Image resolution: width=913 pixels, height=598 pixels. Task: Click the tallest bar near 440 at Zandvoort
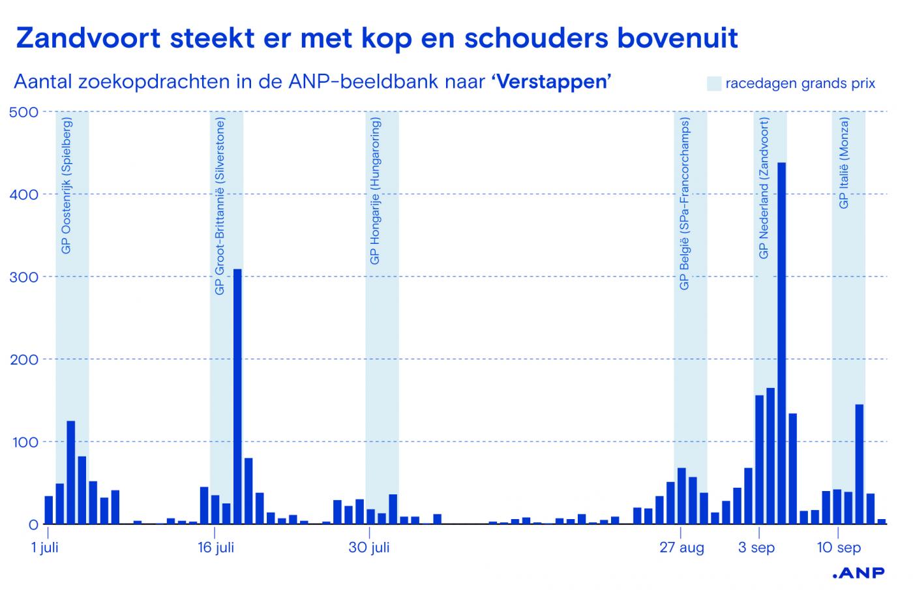781,342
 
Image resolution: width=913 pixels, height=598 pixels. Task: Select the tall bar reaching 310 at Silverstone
237,396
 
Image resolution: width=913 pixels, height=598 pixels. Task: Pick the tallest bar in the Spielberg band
71,472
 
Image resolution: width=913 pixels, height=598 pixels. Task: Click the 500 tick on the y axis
24,112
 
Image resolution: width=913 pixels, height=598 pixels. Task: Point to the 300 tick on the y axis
24,277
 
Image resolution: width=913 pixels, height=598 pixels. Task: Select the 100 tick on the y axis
24,442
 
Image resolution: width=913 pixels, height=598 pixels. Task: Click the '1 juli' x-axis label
45,548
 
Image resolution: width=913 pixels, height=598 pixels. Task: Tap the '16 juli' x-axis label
215,548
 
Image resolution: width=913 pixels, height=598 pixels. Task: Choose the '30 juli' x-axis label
369,548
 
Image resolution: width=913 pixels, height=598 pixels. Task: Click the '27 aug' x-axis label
682,548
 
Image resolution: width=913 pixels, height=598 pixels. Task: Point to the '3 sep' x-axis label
756,548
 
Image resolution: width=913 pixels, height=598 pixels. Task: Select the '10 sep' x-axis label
839,548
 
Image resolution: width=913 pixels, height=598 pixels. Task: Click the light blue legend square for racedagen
714,83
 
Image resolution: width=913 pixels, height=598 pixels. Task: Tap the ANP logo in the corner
859,573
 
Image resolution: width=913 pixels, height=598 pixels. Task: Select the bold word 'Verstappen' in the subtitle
550,82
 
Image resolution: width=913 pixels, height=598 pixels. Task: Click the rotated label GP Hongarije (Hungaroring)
375,192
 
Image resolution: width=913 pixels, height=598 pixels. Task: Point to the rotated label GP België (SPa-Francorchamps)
684,203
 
